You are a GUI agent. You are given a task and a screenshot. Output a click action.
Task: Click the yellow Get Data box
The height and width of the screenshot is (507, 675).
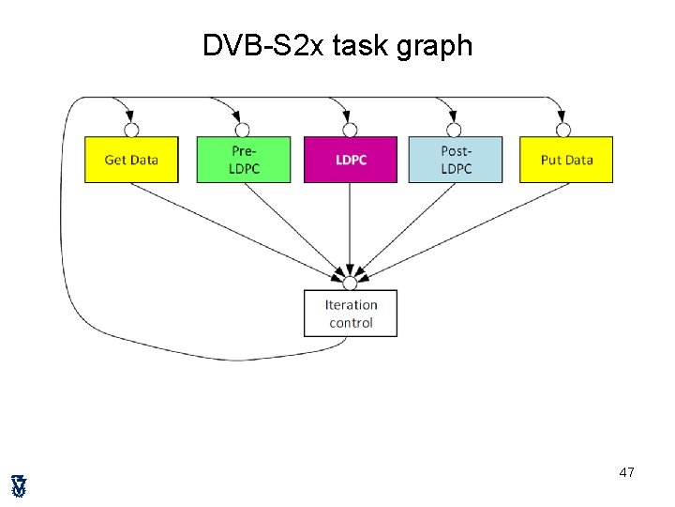pyautogui.click(x=131, y=160)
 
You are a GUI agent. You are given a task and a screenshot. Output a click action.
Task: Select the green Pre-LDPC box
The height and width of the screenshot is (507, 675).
pyautogui.click(x=244, y=160)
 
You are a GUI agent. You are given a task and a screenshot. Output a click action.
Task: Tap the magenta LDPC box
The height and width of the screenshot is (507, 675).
pyautogui.click(x=351, y=160)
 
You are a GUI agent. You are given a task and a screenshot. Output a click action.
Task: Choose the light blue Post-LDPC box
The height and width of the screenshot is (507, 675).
pyautogui.click(x=456, y=160)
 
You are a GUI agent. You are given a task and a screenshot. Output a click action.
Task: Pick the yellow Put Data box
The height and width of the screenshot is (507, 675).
pyautogui.click(x=566, y=160)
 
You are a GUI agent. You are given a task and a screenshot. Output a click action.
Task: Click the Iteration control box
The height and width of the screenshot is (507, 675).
pyautogui.click(x=351, y=314)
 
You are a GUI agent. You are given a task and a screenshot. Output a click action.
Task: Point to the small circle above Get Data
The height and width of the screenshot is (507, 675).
pyautogui.click(x=131, y=130)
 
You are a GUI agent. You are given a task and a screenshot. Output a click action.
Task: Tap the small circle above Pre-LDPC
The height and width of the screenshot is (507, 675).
pyautogui.click(x=242, y=130)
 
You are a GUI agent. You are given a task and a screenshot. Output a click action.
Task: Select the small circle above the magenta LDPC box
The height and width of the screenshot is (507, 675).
pyautogui.click(x=350, y=130)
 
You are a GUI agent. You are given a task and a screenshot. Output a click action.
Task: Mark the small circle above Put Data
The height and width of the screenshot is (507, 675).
pyautogui.click(x=562, y=130)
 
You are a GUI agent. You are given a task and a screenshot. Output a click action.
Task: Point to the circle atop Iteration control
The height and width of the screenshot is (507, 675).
pyautogui.click(x=350, y=283)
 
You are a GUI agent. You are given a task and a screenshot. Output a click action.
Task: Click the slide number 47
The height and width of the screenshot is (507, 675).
pyautogui.click(x=626, y=472)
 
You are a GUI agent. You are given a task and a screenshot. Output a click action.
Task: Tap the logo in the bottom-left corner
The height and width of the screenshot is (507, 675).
pyautogui.click(x=19, y=485)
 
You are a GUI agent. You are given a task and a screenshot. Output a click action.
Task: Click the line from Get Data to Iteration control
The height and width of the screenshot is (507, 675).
pyautogui.click(x=234, y=230)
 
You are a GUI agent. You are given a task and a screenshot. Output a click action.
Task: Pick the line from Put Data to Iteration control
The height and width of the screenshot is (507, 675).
pyautogui.click(x=463, y=230)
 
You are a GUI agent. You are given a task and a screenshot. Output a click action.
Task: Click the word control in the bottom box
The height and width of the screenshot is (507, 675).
pyautogui.click(x=351, y=323)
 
